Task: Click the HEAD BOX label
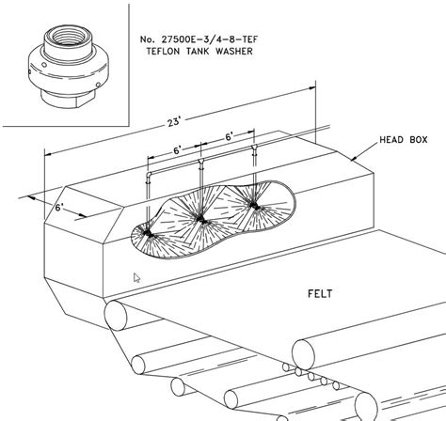tap(404, 140)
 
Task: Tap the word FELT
tap(320, 294)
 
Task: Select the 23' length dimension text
tap(174, 121)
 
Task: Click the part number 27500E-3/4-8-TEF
tap(210, 39)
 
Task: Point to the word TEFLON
tap(164, 51)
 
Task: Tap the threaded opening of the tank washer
tap(69, 36)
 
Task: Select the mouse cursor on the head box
tap(136, 278)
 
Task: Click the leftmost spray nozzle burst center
tap(149, 234)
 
